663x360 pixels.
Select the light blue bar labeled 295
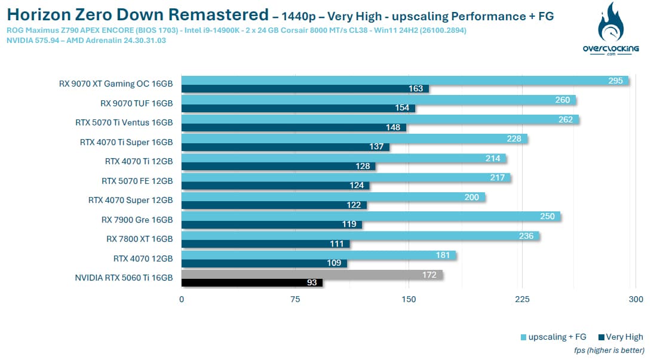point(405,80)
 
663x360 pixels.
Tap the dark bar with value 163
point(305,89)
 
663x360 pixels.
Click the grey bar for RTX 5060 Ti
point(312,275)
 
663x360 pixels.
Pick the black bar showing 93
point(252,282)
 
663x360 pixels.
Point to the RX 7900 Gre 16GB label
point(137,220)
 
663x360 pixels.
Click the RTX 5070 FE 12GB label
point(137,181)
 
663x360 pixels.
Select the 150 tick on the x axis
point(409,299)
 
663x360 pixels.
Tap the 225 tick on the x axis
point(522,299)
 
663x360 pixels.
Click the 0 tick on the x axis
point(182,299)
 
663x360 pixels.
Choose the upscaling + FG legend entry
point(554,337)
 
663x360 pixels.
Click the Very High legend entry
point(621,337)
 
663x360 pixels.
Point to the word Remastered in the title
point(218,14)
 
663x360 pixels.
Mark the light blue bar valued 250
point(371,216)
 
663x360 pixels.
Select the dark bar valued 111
point(266,244)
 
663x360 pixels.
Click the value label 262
point(565,119)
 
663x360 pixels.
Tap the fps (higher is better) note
point(609,350)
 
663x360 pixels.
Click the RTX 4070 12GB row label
point(143,259)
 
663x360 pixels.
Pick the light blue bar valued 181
point(319,255)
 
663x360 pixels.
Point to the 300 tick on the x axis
point(636,299)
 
